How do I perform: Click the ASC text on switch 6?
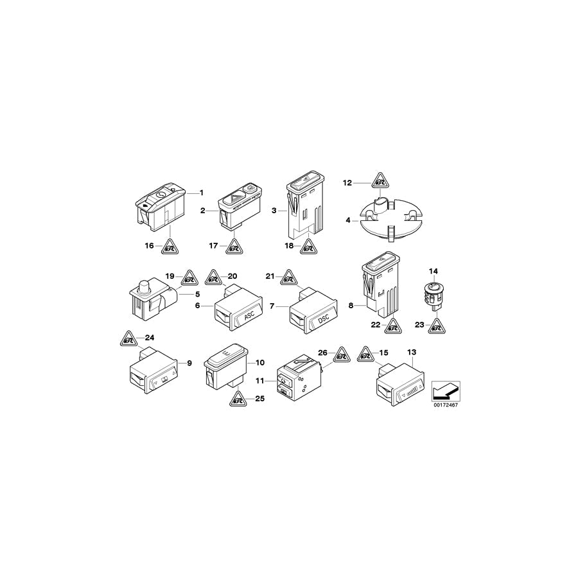pos(250,316)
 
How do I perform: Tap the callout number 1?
pos(201,193)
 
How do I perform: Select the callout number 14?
pos(433,271)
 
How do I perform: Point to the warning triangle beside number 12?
pos(380,180)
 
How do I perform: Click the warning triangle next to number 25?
pos(238,398)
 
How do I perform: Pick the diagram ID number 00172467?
pos(446,405)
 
